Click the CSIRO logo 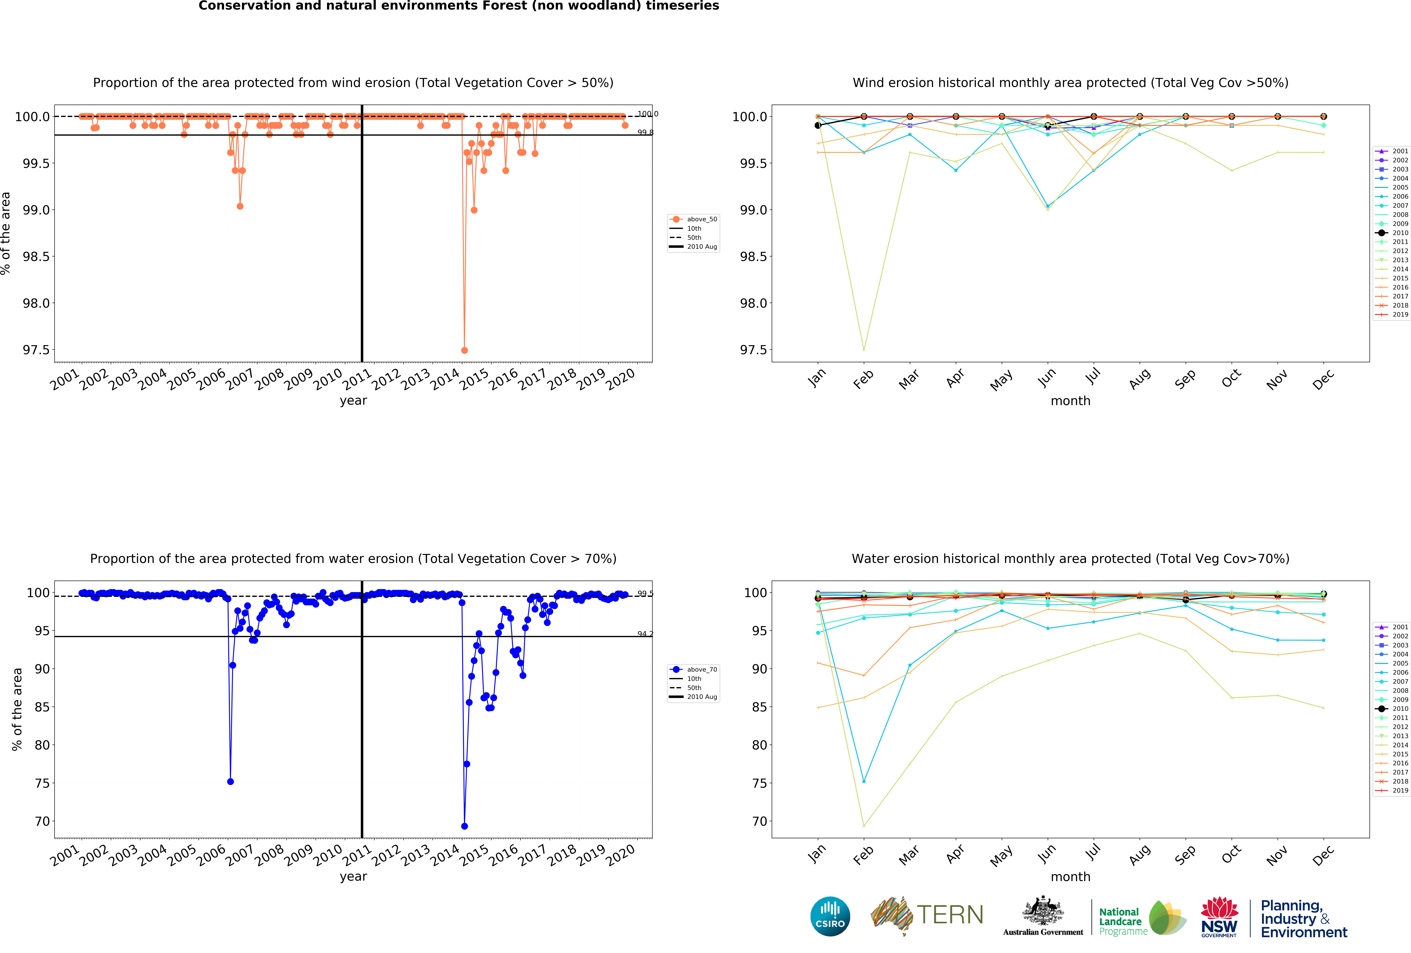[x=830, y=916]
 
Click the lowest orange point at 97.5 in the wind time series [x=465, y=350]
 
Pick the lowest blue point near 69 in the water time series [x=465, y=826]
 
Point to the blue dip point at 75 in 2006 [x=230, y=781]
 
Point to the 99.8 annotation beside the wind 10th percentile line [x=645, y=132]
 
